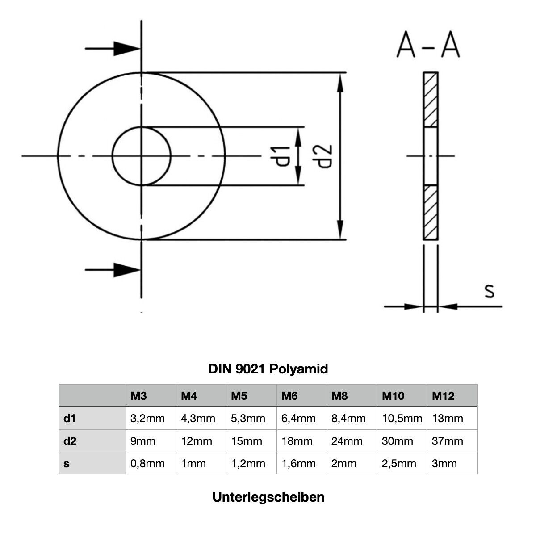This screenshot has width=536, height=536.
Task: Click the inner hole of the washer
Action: (x=141, y=156)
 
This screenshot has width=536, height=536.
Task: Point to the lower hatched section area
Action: (x=431, y=212)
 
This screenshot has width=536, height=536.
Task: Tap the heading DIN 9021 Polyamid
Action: (x=268, y=369)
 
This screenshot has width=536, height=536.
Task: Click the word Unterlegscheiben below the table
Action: (x=268, y=497)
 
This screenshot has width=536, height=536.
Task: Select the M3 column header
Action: (x=138, y=396)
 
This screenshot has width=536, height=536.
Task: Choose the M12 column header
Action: (x=443, y=396)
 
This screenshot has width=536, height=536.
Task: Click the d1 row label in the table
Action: (x=69, y=419)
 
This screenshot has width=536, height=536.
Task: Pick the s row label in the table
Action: (x=67, y=463)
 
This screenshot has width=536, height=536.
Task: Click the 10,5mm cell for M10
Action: (x=402, y=419)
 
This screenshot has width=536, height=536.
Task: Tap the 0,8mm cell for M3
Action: (x=147, y=463)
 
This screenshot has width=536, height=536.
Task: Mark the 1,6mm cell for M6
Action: (x=298, y=463)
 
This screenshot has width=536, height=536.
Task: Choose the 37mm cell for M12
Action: (x=448, y=441)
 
